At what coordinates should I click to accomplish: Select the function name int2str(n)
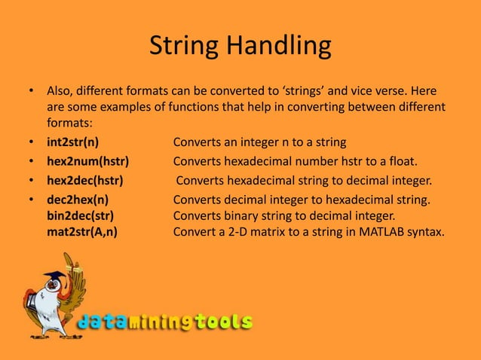[x=73, y=142]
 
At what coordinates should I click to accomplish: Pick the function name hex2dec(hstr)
[x=85, y=181]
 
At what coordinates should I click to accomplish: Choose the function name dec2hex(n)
[x=78, y=200]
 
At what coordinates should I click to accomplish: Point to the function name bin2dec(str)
[x=81, y=216]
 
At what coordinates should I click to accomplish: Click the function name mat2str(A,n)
[x=82, y=232]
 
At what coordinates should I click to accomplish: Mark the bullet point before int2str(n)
[x=29, y=142]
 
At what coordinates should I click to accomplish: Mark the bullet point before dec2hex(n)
[x=29, y=200]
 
